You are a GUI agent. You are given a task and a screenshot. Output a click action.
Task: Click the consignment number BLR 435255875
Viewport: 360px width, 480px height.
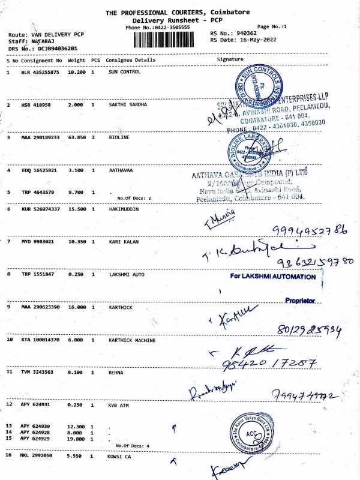point(40,72)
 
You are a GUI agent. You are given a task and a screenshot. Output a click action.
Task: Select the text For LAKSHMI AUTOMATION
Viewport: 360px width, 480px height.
point(273,277)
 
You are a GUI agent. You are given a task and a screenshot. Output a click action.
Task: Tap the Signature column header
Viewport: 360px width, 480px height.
point(230,60)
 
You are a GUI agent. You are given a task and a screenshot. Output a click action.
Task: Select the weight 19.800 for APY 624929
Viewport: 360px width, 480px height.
point(76,438)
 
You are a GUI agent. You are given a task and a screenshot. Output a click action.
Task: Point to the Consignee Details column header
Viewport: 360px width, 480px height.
point(130,60)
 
